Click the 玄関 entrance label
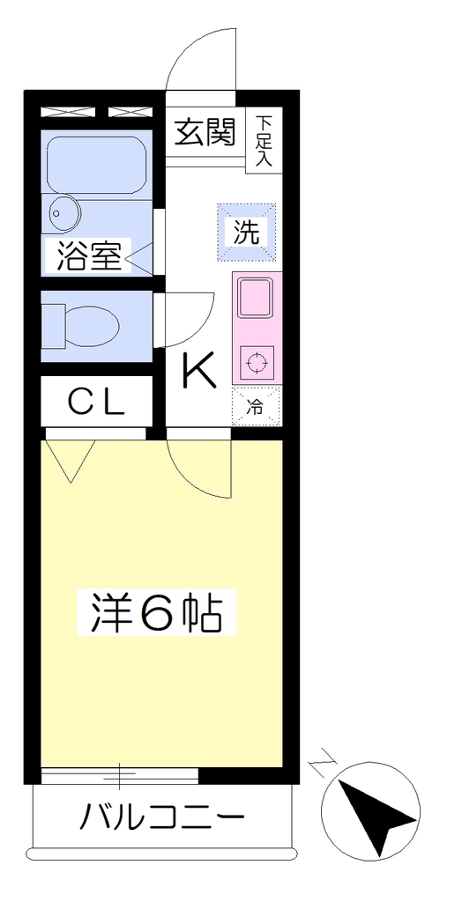click(205, 132)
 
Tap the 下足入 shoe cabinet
click(264, 140)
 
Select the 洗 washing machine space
click(247, 232)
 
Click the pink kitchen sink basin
click(255, 297)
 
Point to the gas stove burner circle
click(255, 363)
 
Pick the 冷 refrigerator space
click(255, 407)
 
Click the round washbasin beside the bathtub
click(63, 213)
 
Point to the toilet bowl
click(89, 326)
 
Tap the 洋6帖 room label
click(157, 612)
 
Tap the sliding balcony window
click(120, 775)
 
